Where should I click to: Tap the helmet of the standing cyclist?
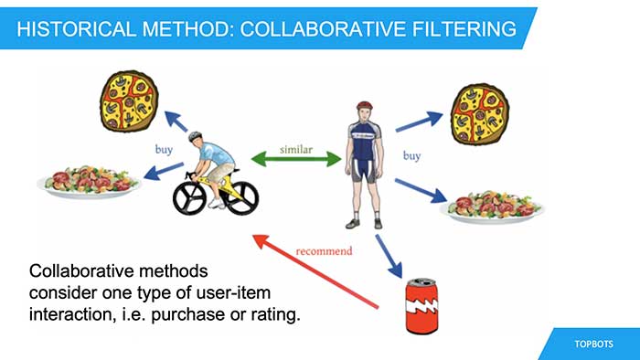coord(365,107)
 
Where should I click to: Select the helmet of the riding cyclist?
coord(196,138)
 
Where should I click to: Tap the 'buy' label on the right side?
coord(411,156)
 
